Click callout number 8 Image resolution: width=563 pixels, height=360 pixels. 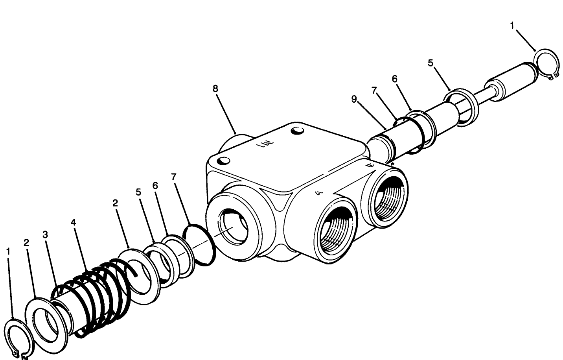tap(215, 89)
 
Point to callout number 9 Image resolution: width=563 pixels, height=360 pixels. tap(354, 99)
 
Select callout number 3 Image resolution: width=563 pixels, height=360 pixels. tap(45, 235)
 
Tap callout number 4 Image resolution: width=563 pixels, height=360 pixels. tap(74, 222)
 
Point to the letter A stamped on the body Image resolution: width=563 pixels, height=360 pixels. tap(319, 193)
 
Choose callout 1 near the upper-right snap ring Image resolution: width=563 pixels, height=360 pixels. tap(512, 26)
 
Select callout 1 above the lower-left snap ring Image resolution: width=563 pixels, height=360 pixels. tap(8, 251)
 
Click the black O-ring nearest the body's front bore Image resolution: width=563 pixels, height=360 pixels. tap(200, 244)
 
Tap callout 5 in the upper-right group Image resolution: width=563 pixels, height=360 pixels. tap(430, 63)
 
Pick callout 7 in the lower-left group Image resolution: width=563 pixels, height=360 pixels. tap(173, 177)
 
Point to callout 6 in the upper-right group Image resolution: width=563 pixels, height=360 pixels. tap(394, 79)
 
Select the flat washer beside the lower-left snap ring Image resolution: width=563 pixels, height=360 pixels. tap(46, 319)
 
